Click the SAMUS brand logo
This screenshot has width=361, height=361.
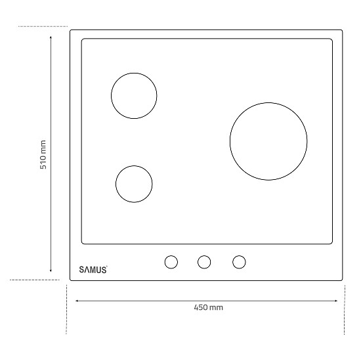93,270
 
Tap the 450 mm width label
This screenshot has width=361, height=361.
208,307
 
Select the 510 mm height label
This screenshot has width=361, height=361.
43,154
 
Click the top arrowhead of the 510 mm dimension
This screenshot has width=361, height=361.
51,36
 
